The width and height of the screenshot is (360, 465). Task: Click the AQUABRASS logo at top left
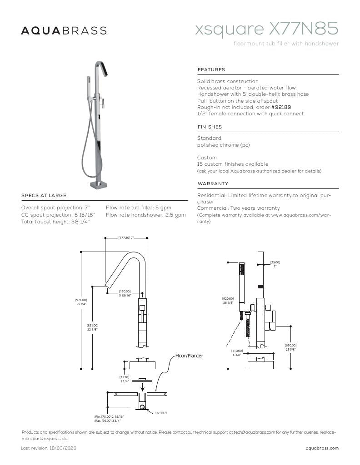pos(64,30)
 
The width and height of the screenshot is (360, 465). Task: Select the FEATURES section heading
pos(211,69)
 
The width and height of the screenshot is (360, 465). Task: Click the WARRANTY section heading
pos(213,183)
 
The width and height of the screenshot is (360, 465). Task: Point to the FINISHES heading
pos(210,127)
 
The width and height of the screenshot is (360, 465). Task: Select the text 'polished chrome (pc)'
pos(223,145)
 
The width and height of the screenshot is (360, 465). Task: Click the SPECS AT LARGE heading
pos(44,195)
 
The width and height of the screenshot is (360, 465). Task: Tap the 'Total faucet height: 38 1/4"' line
pos(55,222)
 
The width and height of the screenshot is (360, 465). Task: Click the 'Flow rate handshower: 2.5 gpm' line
pos(145,215)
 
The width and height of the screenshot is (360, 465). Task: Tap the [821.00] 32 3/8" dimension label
pos(92,327)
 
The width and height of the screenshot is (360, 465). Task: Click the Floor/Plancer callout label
pos(189,356)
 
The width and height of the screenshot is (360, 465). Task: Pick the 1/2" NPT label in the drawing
pos(161,413)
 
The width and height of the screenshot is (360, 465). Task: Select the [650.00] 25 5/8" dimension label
pos(290,347)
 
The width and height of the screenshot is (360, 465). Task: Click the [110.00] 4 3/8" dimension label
pos(237,353)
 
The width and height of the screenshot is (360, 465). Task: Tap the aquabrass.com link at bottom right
pos(322,448)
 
